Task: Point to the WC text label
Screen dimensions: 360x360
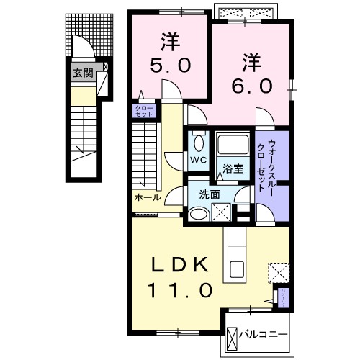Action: pos(197,159)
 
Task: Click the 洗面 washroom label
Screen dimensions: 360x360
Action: pos(210,194)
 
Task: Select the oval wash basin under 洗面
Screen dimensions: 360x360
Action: pos(197,213)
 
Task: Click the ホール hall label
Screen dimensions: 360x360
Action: pos(147,196)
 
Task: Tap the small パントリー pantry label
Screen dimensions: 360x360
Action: pos(284,296)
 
